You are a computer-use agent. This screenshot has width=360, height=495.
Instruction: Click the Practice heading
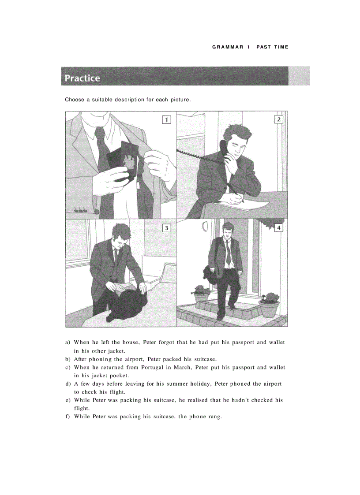pyautogui.click(x=82, y=78)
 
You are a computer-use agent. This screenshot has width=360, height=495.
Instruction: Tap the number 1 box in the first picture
pyautogui.click(x=166, y=119)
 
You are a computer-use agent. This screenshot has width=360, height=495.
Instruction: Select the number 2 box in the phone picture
pyautogui.click(x=278, y=119)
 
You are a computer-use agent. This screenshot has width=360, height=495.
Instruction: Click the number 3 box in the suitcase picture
pyautogui.click(x=166, y=228)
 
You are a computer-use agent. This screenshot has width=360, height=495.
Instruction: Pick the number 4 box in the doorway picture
pyautogui.click(x=278, y=228)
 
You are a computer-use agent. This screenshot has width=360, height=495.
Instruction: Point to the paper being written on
pyautogui.click(x=242, y=204)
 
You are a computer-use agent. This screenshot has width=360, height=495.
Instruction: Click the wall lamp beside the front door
pyautogui.click(x=204, y=227)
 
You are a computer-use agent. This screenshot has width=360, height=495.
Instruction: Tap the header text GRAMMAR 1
pyautogui.click(x=230, y=47)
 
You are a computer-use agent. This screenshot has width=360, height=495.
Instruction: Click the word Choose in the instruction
pyautogui.click(x=75, y=100)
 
